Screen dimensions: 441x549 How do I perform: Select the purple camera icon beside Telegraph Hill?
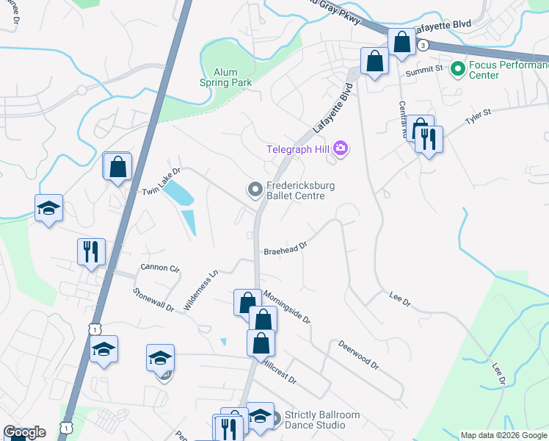click(340, 149)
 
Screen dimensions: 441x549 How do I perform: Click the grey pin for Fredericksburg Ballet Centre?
click(255, 190)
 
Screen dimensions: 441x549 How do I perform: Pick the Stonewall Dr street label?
click(153, 298)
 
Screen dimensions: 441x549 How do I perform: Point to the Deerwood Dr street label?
click(358, 354)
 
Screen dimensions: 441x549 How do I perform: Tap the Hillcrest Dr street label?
click(278, 371)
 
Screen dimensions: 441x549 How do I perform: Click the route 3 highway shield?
click(423, 46)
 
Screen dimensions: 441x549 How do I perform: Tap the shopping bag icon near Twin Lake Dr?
click(117, 168)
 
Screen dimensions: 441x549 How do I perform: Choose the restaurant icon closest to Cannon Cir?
click(91, 252)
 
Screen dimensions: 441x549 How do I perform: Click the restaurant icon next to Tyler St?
click(429, 139)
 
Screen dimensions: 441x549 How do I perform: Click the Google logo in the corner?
click(24, 432)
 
